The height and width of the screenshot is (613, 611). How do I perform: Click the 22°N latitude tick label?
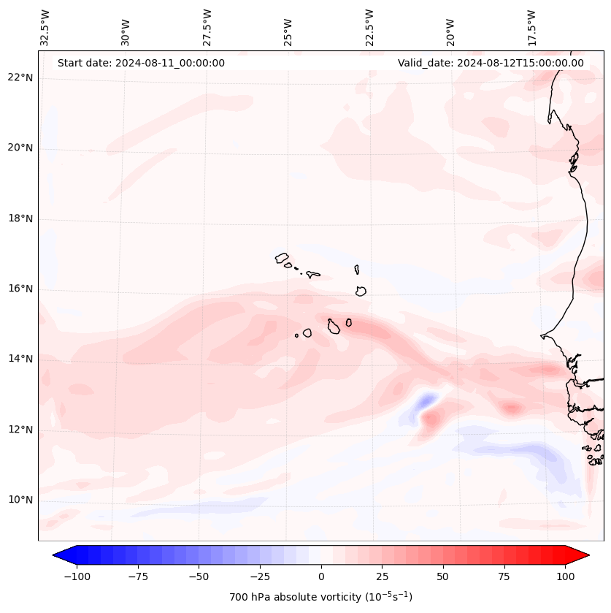(x=20, y=77)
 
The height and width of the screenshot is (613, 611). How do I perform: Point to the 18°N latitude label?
(x=20, y=218)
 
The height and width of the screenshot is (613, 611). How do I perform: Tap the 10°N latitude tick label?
(x=20, y=500)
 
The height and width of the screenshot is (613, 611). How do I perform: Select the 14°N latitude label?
(x=20, y=359)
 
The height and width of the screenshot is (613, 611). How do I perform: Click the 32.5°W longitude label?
(x=45, y=27)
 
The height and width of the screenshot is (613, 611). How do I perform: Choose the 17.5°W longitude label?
(x=532, y=27)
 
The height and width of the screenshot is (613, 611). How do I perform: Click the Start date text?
(x=141, y=63)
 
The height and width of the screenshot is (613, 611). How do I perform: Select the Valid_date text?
(x=491, y=63)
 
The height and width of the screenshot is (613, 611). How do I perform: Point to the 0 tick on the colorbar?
(x=320, y=576)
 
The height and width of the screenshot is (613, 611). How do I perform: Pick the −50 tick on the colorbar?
(x=198, y=576)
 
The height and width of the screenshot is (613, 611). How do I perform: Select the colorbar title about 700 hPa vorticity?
(x=320, y=597)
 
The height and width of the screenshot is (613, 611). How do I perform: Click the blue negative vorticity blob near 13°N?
(x=424, y=401)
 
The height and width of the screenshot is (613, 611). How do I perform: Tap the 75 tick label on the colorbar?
(x=504, y=576)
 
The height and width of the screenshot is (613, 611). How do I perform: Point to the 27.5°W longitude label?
(x=207, y=27)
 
